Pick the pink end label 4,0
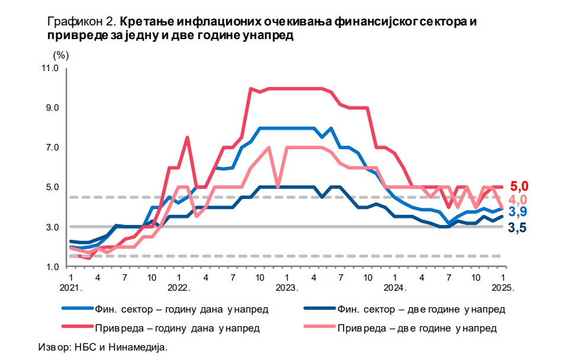coord(519,200)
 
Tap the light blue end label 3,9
coord(519,212)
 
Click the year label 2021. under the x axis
coord(70,288)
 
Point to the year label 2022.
coord(178,288)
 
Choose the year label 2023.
coord(286,288)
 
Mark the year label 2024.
coord(394,288)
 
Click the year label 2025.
coord(503,288)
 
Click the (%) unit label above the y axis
coord(61,55)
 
